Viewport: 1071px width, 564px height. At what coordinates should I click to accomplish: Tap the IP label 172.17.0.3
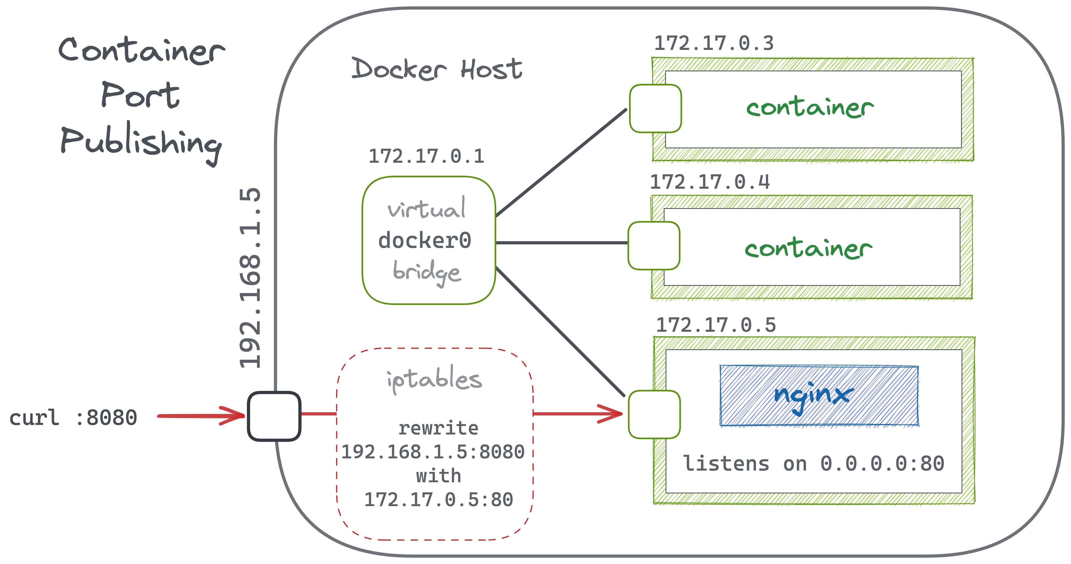tap(714, 44)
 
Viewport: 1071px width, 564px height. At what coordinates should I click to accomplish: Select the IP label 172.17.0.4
tap(710, 182)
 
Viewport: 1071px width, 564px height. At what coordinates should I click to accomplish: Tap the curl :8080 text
tap(73, 418)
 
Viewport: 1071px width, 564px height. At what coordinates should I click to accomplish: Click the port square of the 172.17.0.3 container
tap(655, 109)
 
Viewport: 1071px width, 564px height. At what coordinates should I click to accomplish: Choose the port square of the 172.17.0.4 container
tap(654, 246)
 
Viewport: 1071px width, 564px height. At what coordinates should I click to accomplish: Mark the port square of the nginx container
tap(654, 414)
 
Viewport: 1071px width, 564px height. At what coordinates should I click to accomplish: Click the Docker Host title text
tap(436, 69)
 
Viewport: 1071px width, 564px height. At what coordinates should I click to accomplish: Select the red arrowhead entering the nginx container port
tap(612, 414)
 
